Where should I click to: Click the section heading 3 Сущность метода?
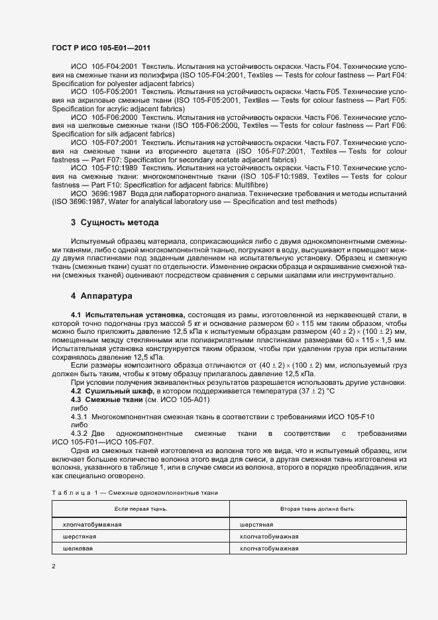pyautogui.click(x=115, y=222)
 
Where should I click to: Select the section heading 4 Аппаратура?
pyautogui.click(x=102, y=295)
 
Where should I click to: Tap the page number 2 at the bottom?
pyautogui.click(x=54, y=566)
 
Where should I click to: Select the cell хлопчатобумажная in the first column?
pyautogui.click(x=92, y=524)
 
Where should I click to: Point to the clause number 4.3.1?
pyautogui.click(x=80, y=417)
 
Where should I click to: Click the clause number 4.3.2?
pyautogui.click(x=80, y=433)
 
